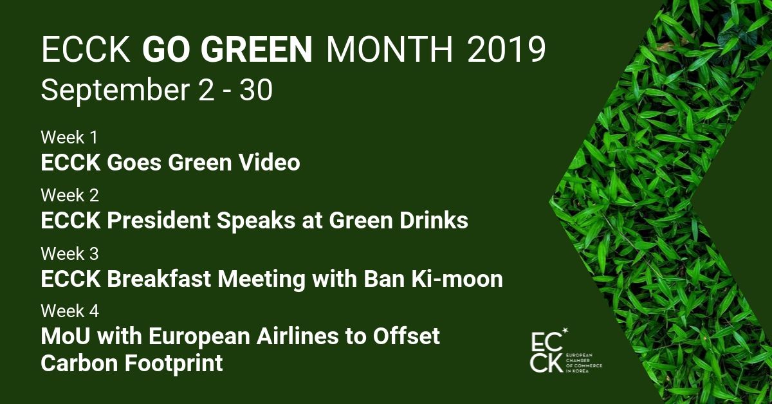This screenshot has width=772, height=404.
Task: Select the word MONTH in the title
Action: (x=389, y=50)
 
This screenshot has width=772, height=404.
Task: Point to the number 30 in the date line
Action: (x=256, y=90)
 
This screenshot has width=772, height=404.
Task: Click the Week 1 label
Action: (x=69, y=137)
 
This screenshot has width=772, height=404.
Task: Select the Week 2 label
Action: (x=70, y=195)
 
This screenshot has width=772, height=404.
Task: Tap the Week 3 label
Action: (x=70, y=253)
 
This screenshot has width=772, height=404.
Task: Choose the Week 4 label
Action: (x=70, y=311)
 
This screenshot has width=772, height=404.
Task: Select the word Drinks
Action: (x=434, y=220)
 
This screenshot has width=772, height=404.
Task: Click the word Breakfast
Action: (x=159, y=279)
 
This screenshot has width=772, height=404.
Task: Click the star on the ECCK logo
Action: (x=565, y=331)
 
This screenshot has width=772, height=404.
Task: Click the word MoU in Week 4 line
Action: (x=66, y=336)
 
